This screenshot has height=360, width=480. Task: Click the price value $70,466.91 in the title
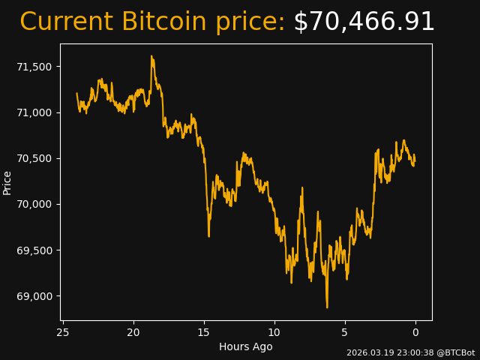click(x=364, y=22)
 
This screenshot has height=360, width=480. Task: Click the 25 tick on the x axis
click(x=63, y=332)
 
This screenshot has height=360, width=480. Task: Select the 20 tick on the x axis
click(x=133, y=332)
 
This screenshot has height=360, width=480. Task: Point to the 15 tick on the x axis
click(x=204, y=332)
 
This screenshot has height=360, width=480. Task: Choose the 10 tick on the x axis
click(x=274, y=332)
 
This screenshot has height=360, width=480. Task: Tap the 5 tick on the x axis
click(x=345, y=332)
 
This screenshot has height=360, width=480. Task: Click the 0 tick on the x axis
click(x=415, y=332)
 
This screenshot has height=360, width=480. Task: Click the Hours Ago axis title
click(x=245, y=346)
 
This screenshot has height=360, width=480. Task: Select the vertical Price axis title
click(x=7, y=182)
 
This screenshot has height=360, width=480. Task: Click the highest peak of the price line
click(x=151, y=55)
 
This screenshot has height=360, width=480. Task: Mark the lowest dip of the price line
click(x=327, y=307)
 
